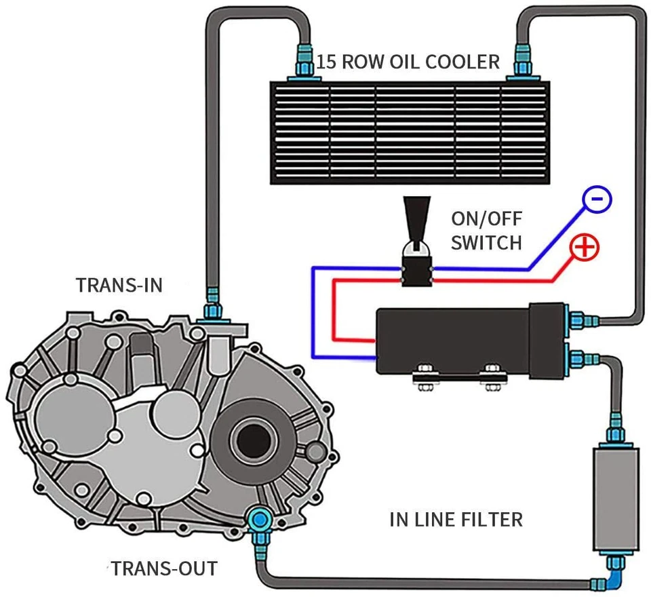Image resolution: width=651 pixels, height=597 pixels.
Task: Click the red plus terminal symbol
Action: [x=586, y=248]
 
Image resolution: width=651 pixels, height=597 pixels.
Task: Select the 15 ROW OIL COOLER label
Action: [x=408, y=62]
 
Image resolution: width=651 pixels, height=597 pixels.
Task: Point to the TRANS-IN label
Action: [x=119, y=284]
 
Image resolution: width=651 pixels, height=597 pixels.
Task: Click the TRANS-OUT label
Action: [x=165, y=567]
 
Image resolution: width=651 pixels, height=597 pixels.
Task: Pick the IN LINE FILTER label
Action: [x=456, y=520]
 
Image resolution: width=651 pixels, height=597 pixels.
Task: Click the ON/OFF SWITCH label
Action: [x=486, y=231]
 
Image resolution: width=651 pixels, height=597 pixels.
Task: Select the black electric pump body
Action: [x=461, y=339]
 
